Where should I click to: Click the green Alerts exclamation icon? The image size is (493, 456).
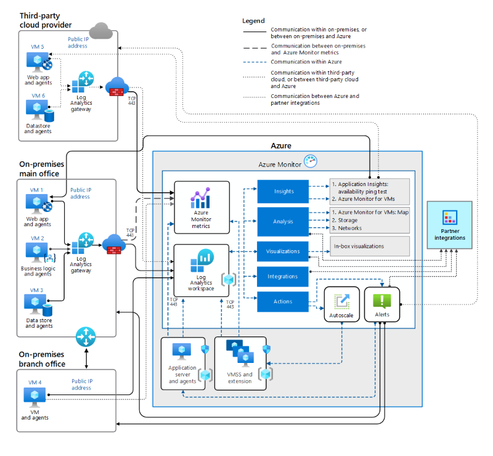[382, 301]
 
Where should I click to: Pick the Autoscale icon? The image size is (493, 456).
[342, 301]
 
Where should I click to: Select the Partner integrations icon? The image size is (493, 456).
[449, 218]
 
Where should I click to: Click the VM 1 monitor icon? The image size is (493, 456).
[36, 202]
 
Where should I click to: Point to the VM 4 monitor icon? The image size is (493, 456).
[36, 395]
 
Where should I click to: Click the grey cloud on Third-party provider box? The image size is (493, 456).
[99, 29]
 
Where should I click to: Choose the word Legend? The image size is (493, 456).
[254, 21]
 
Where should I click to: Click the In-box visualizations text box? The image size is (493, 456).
[370, 246]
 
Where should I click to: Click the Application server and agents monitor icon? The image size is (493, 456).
[182, 351]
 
